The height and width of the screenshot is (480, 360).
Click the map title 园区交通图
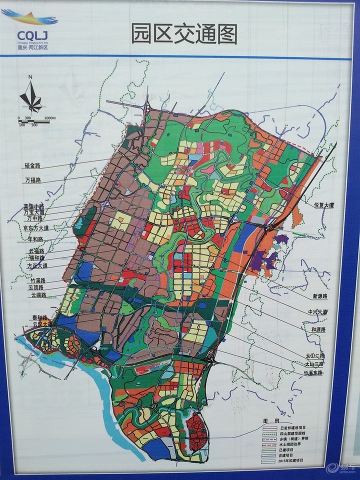[x=184, y=34]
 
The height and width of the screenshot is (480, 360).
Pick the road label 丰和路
[x=36, y=239]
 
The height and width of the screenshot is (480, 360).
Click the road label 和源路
[x=317, y=330]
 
